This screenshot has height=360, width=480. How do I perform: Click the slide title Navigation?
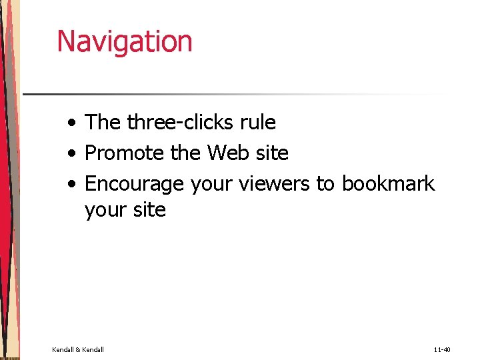(x=125, y=41)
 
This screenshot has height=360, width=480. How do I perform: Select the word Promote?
(x=125, y=153)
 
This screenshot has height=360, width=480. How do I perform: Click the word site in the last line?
(x=149, y=210)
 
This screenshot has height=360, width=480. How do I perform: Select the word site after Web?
(x=274, y=153)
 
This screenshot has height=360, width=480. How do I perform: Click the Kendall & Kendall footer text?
(x=78, y=349)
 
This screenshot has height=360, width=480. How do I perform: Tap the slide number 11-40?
(x=442, y=349)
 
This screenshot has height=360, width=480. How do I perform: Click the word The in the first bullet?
(x=102, y=123)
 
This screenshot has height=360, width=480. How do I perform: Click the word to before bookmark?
(x=325, y=184)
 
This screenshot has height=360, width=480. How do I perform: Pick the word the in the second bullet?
(x=185, y=153)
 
